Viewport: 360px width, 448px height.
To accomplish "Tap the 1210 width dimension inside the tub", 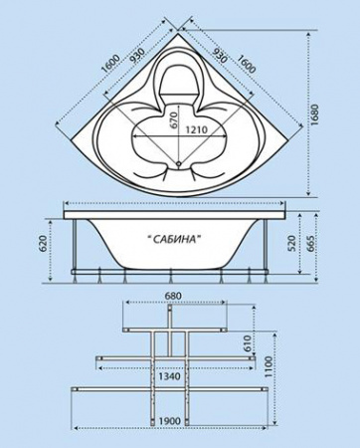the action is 196,129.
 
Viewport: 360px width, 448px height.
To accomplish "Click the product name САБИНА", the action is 174,239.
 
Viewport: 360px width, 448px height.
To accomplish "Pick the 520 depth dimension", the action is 291,245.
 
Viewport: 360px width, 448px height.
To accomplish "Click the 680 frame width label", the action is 172,296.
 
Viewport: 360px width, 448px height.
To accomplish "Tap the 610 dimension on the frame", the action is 247,344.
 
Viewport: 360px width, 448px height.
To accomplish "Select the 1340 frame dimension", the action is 169,376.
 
